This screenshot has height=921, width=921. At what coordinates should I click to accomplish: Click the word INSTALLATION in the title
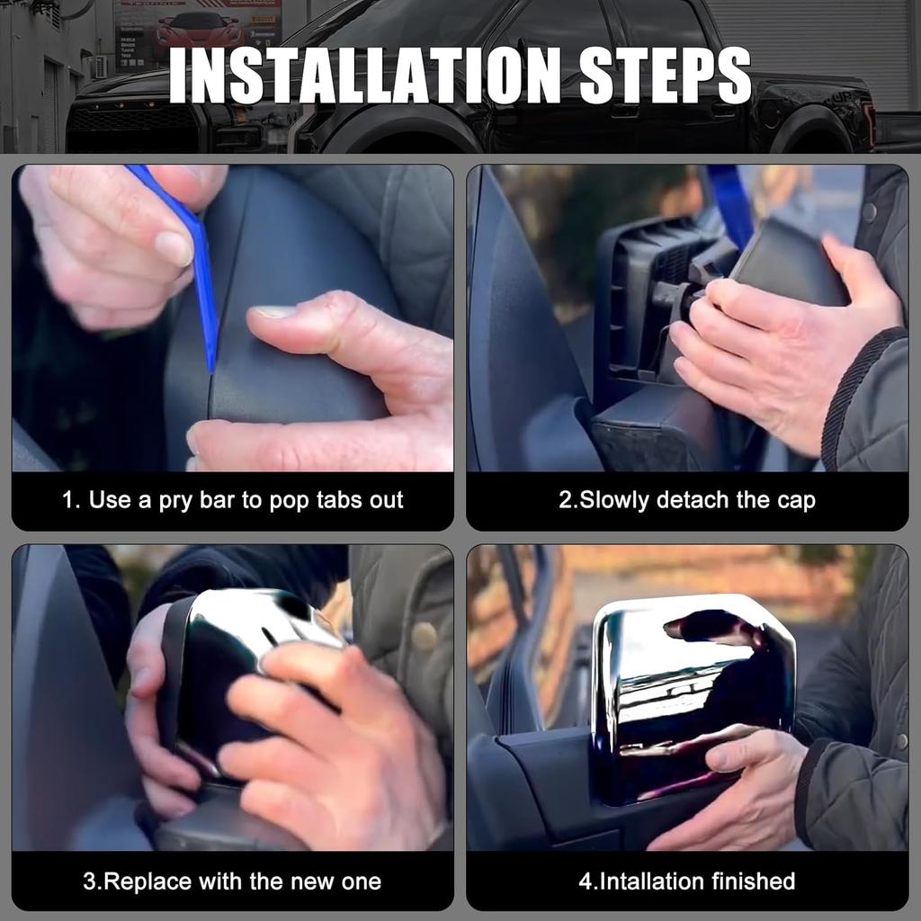[365, 76]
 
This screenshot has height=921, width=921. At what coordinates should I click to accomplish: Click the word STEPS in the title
[665, 76]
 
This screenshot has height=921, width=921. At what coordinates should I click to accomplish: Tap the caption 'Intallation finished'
[686, 881]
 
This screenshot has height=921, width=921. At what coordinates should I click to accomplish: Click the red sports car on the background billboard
[199, 30]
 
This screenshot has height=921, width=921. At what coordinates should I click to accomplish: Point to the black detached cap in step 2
[787, 264]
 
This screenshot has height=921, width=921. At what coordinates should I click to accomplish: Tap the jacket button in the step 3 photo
[425, 636]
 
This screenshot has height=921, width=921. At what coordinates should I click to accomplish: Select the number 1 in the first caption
[68, 500]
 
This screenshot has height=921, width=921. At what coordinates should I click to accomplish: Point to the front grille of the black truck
[134, 124]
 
